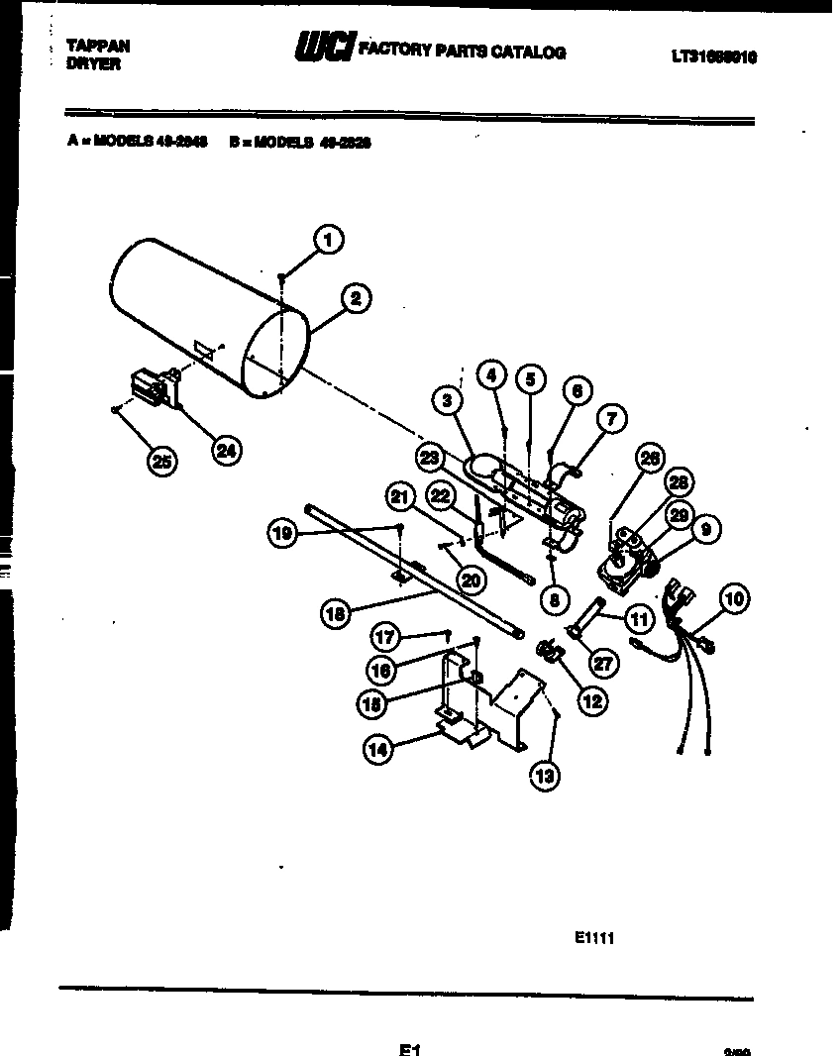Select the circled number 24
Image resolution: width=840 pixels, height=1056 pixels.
(227, 450)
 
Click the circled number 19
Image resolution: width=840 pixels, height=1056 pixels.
(283, 534)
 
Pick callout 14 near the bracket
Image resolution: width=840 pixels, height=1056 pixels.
(376, 749)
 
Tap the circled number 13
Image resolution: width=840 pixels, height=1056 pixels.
(544, 776)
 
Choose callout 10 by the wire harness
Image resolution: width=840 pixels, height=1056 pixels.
(734, 598)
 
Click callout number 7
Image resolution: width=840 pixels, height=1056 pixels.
(611, 419)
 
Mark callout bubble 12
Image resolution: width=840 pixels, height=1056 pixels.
(591, 700)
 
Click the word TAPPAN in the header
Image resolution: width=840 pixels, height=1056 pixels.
(97, 46)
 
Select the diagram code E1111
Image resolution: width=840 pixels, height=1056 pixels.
(594, 938)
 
